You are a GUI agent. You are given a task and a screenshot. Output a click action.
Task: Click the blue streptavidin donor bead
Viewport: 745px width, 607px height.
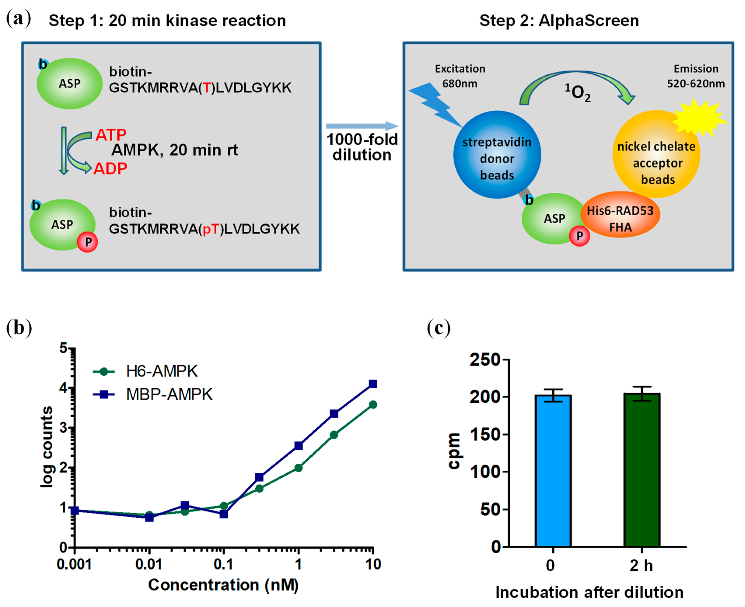pos(497,154)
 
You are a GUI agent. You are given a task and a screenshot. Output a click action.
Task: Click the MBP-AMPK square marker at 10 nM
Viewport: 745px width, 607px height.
pos(373,384)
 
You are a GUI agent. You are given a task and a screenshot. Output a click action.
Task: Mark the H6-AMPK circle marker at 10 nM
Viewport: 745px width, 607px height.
pos(373,405)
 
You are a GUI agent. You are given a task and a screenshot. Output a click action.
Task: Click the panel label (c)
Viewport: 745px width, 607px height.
pos(439,329)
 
